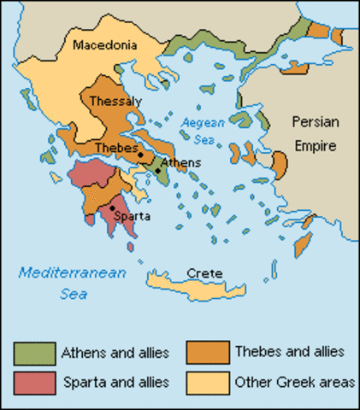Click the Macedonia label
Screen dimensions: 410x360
[107, 44]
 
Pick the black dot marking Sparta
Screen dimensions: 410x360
[111, 208]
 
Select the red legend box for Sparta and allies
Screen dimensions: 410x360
[33, 380]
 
